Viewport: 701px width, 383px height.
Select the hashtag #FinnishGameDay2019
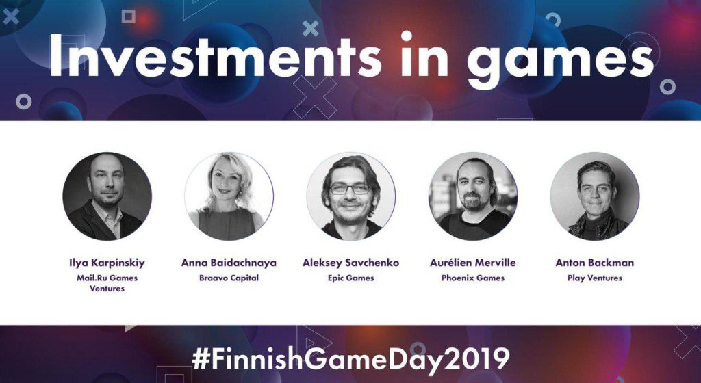click(x=351, y=358)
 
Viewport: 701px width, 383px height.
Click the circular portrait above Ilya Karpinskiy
click(x=107, y=196)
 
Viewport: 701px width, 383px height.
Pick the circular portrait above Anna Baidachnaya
click(x=229, y=196)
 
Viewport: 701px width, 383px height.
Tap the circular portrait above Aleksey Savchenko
click(x=351, y=196)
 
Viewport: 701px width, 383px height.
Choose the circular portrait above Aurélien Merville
click(x=473, y=196)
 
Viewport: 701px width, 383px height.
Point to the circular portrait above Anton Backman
click(x=595, y=196)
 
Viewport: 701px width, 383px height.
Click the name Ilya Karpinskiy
click(x=107, y=263)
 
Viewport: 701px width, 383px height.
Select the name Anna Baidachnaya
click(x=229, y=263)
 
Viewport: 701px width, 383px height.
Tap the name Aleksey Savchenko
click(x=351, y=263)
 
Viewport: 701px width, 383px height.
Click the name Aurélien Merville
click(x=473, y=263)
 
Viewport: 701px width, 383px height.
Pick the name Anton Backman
click(x=595, y=263)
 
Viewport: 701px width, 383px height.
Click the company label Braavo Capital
click(x=229, y=278)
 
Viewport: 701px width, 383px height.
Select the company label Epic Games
click(x=351, y=278)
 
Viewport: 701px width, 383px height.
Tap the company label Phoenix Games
click(x=473, y=278)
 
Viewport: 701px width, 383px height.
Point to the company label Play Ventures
click(x=595, y=278)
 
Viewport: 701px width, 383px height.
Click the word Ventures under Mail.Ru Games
click(x=107, y=289)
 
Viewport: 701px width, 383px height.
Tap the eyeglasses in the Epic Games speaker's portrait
click(x=350, y=189)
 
